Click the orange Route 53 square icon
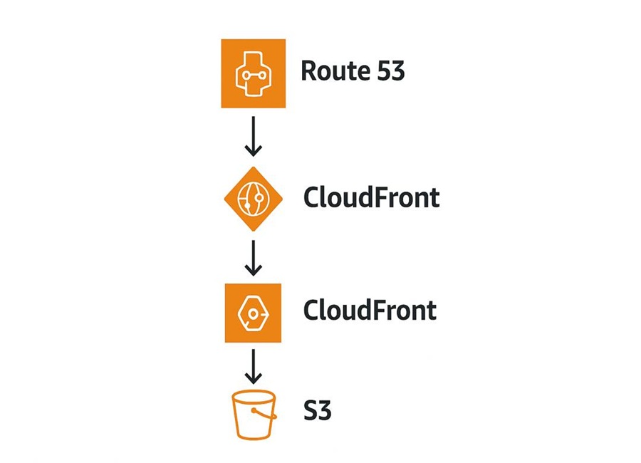(254, 73)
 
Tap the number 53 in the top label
(390, 71)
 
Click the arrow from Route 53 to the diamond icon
(254, 136)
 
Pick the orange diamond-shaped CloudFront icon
(254, 199)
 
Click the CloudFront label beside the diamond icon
(372, 197)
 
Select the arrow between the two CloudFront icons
(254, 258)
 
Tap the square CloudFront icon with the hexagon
(253, 313)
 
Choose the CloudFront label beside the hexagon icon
(370, 310)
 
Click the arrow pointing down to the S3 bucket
(254, 366)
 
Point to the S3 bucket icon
(254, 415)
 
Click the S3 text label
(317, 410)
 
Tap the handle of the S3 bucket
(265, 414)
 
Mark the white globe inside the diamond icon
(254, 199)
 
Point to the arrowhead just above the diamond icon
(254, 150)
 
